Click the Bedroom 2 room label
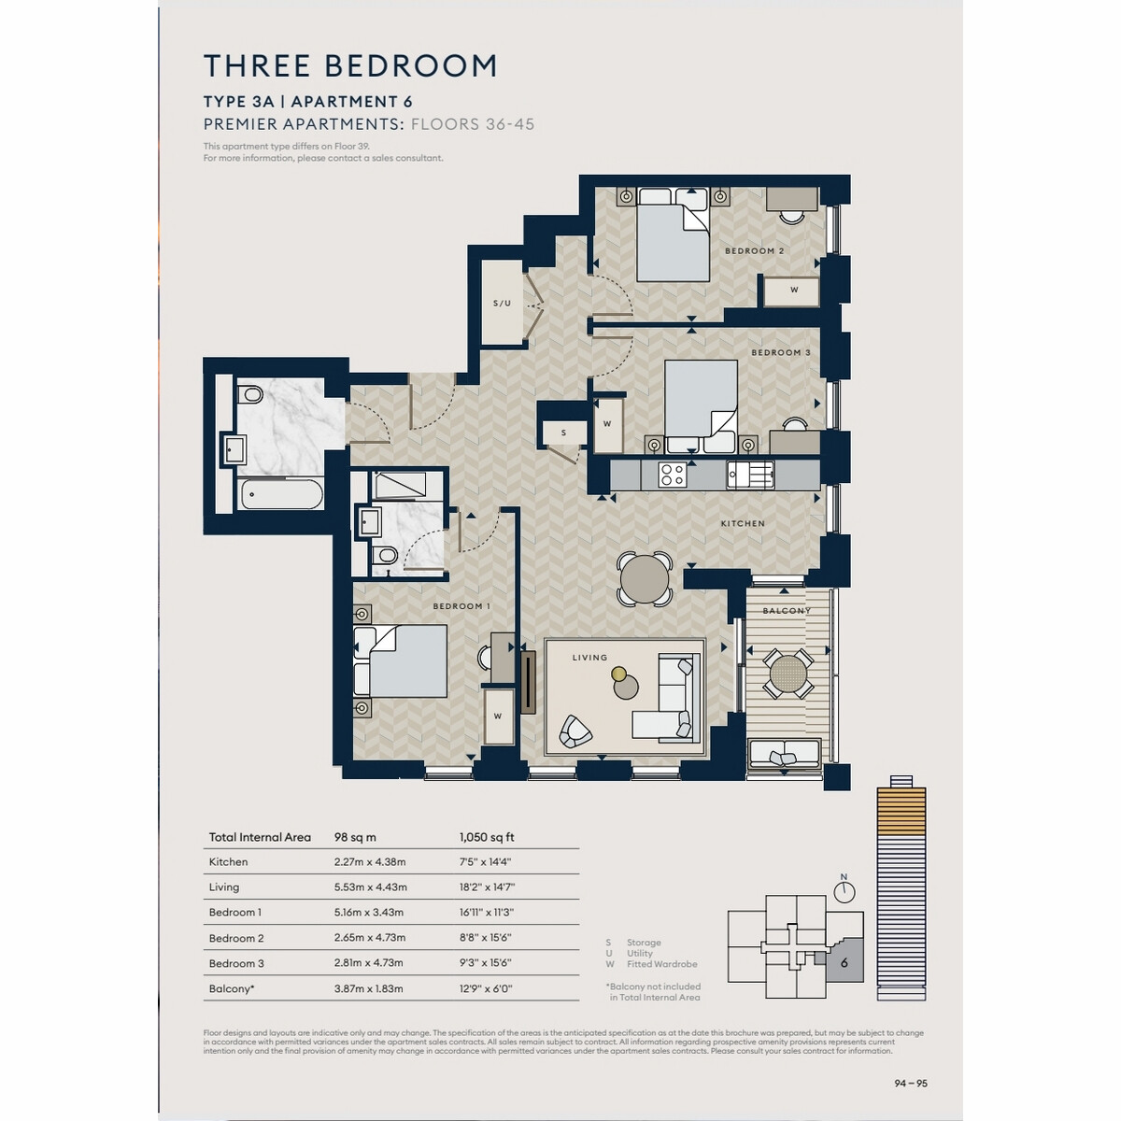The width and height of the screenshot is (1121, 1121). click(754, 250)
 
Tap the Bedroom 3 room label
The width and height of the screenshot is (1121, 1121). click(780, 352)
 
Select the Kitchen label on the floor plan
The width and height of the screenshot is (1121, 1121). click(743, 523)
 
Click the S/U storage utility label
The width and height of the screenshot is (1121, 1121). click(502, 303)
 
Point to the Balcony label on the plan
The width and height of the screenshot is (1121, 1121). click(787, 611)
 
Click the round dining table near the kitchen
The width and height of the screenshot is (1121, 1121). click(644, 578)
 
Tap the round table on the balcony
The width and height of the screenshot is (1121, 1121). click(788, 673)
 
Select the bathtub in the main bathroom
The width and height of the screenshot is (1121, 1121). click(281, 495)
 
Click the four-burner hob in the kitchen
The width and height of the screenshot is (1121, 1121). click(672, 475)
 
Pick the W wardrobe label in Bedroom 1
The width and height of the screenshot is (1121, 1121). click(497, 717)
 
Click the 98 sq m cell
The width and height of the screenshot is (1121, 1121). click(355, 837)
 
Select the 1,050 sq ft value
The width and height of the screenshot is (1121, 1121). click(487, 837)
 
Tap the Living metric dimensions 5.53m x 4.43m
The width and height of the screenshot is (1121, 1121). click(370, 887)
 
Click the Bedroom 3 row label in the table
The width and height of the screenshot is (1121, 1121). click(236, 963)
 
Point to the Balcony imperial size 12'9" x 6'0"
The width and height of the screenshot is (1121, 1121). click(486, 989)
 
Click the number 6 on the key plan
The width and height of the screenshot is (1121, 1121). click(844, 963)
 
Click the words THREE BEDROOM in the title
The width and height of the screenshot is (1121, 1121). click(350, 65)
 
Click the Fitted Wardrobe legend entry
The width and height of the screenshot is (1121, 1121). click(662, 964)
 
